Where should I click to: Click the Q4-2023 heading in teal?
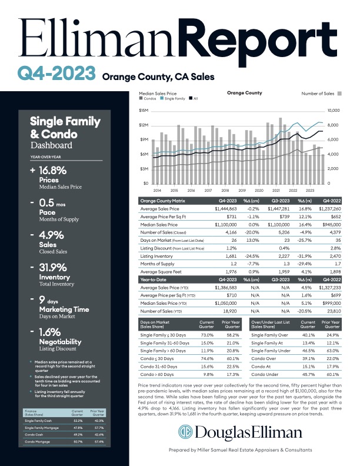[x=56, y=73]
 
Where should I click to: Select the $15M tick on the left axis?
[x=143, y=110]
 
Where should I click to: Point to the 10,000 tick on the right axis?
[x=334, y=110]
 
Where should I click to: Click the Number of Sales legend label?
[x=318, y=93]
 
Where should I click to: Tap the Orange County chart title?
[x=244, y=93]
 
